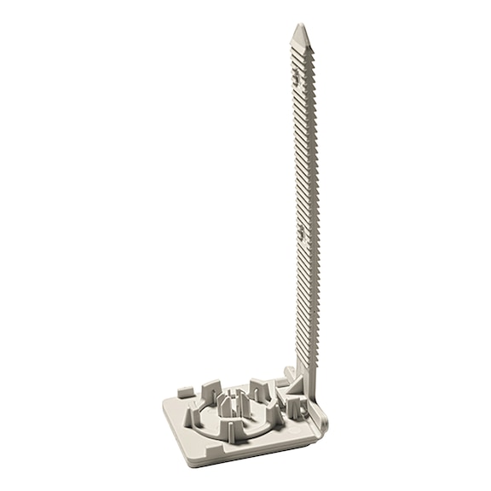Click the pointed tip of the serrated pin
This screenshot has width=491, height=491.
(x=299, y=28)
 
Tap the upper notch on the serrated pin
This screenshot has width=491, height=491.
(x=297, y=78)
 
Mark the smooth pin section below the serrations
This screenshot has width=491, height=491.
(x=307, y=375)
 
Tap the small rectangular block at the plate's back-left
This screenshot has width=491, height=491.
(x=186, y=392)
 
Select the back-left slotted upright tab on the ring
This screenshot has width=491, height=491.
(x=211, y=391)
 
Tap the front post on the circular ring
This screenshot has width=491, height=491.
(x=230, y=430)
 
